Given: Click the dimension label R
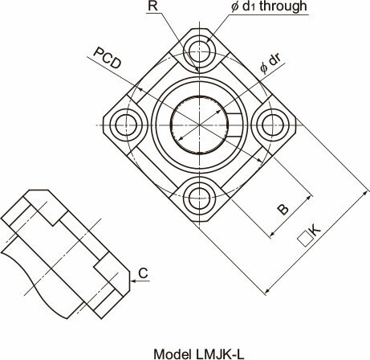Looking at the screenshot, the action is click(152, 6).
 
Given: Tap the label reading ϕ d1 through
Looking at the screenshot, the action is click(269, 6).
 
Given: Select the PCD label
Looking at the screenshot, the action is click(108, 58).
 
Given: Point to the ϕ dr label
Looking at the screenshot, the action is click(270, 64).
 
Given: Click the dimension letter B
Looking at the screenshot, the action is click(283, 209).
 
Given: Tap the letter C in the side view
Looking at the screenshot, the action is click(143, 273).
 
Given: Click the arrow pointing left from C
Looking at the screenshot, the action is click(140, 281).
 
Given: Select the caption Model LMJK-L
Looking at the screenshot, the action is click(199, 354).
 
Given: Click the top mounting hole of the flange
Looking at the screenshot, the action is click(199, 51).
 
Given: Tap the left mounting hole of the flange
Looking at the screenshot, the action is click(126, 125).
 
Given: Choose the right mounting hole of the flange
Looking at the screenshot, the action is click(273, 125).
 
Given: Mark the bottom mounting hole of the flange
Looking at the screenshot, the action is click(199, 198).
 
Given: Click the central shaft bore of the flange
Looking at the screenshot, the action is click(199, 125).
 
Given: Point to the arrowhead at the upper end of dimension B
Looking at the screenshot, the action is click(310, 198).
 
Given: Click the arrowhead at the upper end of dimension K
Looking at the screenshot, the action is click(365, 193).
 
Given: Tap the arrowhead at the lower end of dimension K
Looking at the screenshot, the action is click(266, 291).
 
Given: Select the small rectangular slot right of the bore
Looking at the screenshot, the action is click(234, 125).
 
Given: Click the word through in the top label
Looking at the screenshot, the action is click(283, 6).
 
